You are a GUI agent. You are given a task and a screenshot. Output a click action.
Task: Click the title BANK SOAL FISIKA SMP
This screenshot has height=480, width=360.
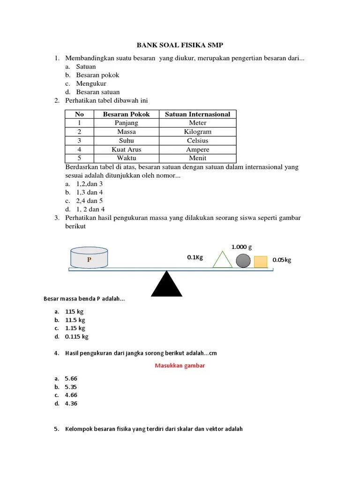coord(180,45)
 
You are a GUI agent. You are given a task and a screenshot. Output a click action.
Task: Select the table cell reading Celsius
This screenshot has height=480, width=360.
coord(197,141)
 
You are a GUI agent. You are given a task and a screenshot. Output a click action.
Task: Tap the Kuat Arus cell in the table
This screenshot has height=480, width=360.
coord(126,150)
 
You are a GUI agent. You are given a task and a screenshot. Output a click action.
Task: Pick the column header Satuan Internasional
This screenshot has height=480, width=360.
coord(197,114)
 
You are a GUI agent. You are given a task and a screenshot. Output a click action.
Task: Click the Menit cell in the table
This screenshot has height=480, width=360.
coord(197,158)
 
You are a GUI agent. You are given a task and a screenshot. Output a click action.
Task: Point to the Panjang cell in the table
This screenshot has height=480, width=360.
coord(126,123)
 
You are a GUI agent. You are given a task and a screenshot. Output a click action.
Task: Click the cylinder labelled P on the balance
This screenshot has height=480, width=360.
coord(89,259)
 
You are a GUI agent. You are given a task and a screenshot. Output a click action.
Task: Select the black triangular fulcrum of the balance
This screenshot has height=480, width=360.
coord(166,284)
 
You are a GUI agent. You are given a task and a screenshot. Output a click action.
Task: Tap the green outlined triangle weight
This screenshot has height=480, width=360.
coord(222,260)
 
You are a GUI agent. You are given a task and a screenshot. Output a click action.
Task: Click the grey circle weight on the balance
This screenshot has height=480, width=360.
coord(243,261)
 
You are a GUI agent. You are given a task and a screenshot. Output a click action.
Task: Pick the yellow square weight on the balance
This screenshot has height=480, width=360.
coord(261,262)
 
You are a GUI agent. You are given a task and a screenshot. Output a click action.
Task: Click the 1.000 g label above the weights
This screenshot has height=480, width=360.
coord(242,247)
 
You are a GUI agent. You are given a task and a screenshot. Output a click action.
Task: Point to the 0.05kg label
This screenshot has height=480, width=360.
coord(282,260)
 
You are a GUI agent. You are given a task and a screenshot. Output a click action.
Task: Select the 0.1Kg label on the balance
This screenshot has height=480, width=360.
coord(195,257)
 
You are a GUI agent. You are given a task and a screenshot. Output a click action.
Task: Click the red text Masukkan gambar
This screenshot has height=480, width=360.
coord(180,366)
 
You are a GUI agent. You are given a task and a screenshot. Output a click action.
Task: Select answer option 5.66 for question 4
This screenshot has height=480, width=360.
coord(71,378)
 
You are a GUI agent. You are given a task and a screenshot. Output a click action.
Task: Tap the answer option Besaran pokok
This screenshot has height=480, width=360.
coord(97,75)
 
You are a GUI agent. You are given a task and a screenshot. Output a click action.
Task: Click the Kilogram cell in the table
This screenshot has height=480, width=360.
coord(197,132)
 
